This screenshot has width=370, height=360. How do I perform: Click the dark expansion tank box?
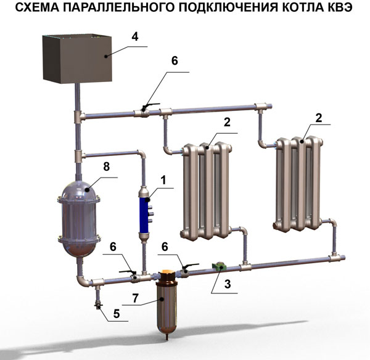pos(77,59)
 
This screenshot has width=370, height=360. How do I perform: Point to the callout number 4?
pos(135,36)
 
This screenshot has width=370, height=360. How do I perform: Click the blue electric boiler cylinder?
pos(144,215)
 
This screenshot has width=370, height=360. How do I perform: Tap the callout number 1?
pos(163,181)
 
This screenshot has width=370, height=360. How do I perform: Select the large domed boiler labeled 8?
pos(79,219)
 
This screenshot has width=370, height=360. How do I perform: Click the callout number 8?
pos(107,166)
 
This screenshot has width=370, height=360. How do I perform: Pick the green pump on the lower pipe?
pos(220,266)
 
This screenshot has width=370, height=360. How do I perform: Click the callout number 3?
pos(228,284)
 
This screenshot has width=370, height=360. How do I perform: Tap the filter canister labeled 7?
pos(166,305)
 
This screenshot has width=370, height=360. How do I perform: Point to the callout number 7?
pos(135,298)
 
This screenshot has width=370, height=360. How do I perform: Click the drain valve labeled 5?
pos(97,305)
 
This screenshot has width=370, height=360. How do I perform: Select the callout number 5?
pos(117,314)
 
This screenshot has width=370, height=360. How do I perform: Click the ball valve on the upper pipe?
pos(144,112)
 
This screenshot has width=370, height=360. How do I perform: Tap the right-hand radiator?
pos(298,184)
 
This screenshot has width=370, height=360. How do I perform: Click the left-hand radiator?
pos(206,191)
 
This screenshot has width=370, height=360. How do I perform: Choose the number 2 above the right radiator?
pos(319,118)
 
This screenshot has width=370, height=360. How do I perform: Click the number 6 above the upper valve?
pos(175,61)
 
